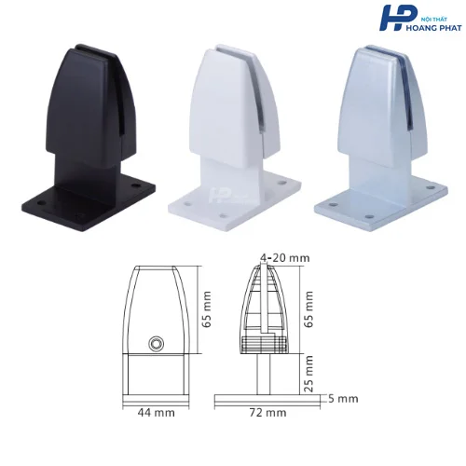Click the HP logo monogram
click(398, 18)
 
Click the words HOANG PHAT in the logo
click(433, 28)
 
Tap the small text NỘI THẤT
click(429, 20)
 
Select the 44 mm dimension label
click(156, 413)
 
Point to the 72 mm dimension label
click(267, 413)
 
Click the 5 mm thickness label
click(343, 399)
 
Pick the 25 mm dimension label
click(308, 374)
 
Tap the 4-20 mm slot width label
click(285, 258)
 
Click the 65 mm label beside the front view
click(206, 309)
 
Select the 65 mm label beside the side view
click(308, 309)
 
